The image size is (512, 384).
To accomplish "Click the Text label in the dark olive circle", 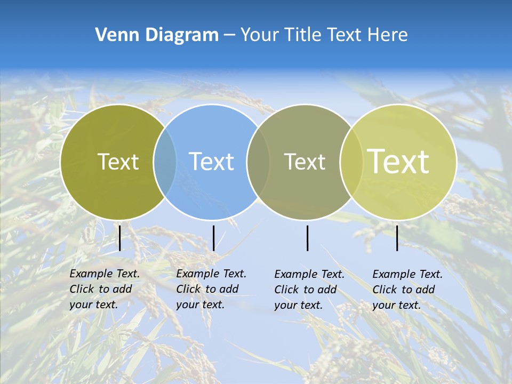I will [118, 162].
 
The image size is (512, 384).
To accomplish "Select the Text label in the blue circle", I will [211, 162].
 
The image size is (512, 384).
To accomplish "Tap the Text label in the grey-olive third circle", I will [305, 162].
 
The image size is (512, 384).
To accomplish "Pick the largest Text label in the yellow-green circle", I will [398, 161].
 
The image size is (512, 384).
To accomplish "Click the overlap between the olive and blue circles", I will [165, 162].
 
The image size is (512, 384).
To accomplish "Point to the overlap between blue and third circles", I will [258, 162].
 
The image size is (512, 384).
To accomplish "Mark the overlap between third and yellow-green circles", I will [351, 162].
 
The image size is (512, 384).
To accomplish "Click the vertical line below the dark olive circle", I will [119, 238].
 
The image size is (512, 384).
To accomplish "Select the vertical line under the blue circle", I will [213, 238].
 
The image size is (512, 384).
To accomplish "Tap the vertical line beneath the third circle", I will [307, 238].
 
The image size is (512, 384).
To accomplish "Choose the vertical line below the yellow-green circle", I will [397, 238].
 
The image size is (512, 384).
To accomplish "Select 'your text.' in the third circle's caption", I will [298, 305].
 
